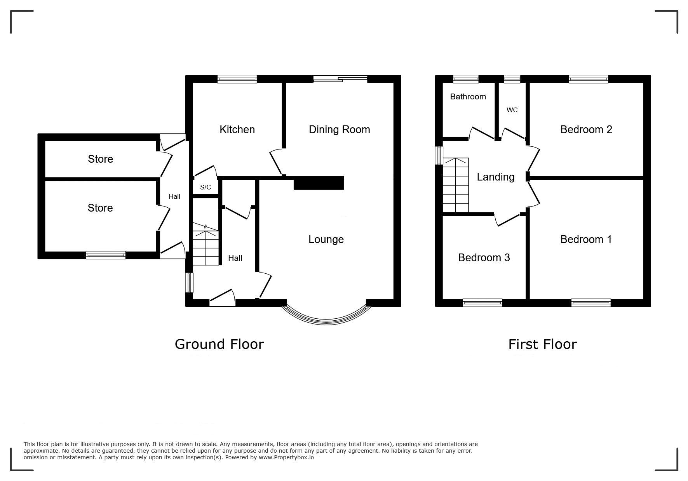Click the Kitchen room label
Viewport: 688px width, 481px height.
pyautogui.click(x=237, y=129)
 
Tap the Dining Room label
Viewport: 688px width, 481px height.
pyautogui.click(x=339, y=130)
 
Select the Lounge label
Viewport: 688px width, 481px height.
pyautogui.click(x=326, y=240)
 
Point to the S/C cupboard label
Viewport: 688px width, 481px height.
pyautogui.click(x=206, y=187)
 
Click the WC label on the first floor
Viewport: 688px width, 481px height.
pyautogui.click(x=512, y=110)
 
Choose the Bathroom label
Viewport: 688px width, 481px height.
pyautogui.click(x=468, y=97)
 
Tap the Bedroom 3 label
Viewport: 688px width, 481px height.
pyautogui.click(x=484, y=257)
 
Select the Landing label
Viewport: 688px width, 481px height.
pyautogui.click(x=495, y=177)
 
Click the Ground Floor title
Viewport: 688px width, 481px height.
pyautogui.click(x=219, y=344)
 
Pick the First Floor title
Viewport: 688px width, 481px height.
pyautogui.click(x=542, y=344)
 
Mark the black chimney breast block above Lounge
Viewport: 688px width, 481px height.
pyautogui.click(x=319, y=183)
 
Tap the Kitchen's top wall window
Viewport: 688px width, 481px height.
pyautogui.click(x=237, y=79)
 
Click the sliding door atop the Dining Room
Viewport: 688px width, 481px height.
pyautogui.click(x=340, y=79)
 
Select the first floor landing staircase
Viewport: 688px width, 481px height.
pyautogui.click(x=456, y=185)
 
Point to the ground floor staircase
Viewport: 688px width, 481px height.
pyautogui.click(x=206, y=244)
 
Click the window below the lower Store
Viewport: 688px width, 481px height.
pyautogui.click(x=106, y=255)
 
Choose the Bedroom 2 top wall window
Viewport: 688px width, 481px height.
pyautogui.click(x=588, y=79)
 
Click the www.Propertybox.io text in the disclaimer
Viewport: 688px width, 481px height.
pyautogui.click(x=286, y=457)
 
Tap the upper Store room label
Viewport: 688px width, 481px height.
pyautogui.click(x=100, y=159)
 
